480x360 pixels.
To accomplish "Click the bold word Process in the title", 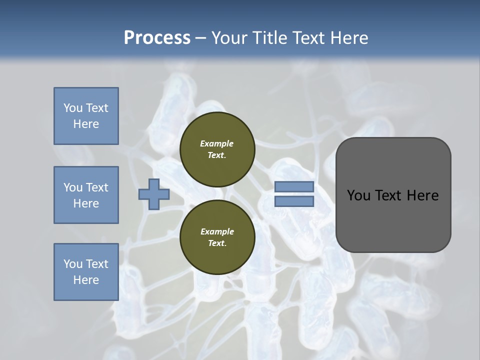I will click(157, 38).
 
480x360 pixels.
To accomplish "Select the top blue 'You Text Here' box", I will click(86, 116).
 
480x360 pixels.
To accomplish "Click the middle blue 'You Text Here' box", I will click(86, 195).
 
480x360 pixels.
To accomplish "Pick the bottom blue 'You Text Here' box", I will click(86, 272).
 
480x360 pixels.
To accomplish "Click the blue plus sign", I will click(154, 194).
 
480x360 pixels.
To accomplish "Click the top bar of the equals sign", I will click(294, 186).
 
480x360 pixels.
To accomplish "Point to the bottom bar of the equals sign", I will click(294, 201).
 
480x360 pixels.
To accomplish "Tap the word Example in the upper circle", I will click(217, 143).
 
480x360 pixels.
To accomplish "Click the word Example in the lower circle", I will click(217, 231).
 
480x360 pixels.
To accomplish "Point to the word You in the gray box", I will click(358, 195).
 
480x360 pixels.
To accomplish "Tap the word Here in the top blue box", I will click(86, 124).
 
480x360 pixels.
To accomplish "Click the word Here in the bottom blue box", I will click(86, 280).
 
